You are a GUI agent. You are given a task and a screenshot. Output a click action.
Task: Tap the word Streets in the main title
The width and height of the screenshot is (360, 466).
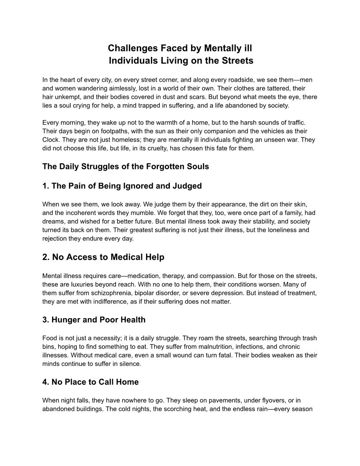point(236,60)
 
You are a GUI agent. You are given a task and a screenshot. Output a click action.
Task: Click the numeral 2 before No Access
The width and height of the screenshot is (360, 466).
point(45,257)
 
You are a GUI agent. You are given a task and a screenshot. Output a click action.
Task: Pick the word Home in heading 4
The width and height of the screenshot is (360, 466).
point(126,382)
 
